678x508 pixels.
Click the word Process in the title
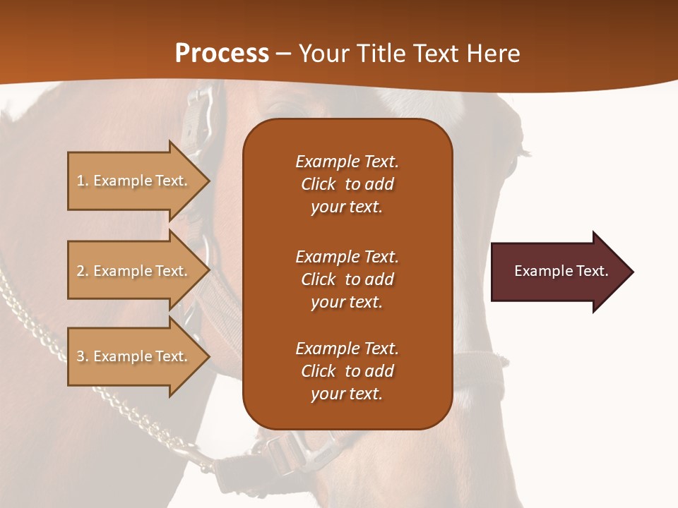click(x=222, y=54)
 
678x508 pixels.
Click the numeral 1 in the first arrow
click(x=81, y=181)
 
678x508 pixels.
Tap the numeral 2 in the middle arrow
click(x=81, y=271)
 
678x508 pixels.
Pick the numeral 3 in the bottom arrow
click(x=81, y=356)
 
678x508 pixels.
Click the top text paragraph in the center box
click(x=347, y=184)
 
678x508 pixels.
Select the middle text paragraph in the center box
click(x=347, y=279)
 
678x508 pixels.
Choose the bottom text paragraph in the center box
click(x=347, y=371)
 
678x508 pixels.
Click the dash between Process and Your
click(x=283, y=54)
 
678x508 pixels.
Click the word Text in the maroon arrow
click(x=593, y=271)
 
